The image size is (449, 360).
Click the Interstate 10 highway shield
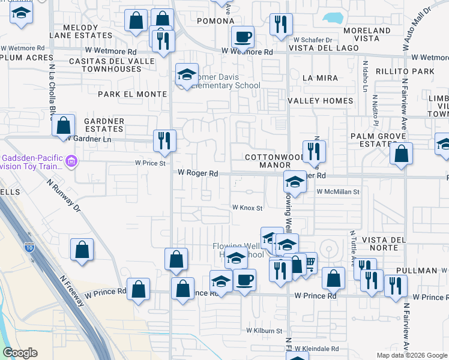(29, 247)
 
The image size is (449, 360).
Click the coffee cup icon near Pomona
(243, 37)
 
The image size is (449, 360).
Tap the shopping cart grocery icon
(309, 263)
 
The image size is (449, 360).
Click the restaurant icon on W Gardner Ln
(164, 141)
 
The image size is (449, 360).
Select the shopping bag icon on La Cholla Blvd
(63, 125)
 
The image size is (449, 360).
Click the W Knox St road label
(248, 208)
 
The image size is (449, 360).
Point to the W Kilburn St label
(264, 331)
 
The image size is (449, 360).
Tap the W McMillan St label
(337, 192)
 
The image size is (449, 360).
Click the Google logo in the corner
(20, 353)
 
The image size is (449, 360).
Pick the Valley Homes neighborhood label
(320, 101)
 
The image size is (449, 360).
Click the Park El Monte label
(132, 94)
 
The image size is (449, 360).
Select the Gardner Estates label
(104, 125)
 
